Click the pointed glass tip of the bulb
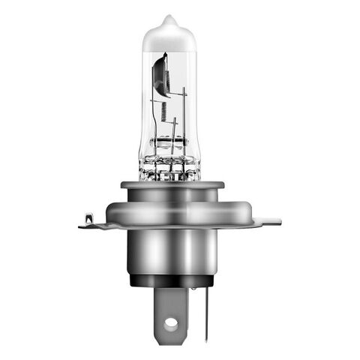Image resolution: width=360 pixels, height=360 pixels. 169,18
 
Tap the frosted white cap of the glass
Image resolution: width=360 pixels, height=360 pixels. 169,37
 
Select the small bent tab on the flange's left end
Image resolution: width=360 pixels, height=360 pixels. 88,219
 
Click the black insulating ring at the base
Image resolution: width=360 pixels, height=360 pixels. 171,281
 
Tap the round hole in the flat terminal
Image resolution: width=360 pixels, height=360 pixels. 171,323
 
